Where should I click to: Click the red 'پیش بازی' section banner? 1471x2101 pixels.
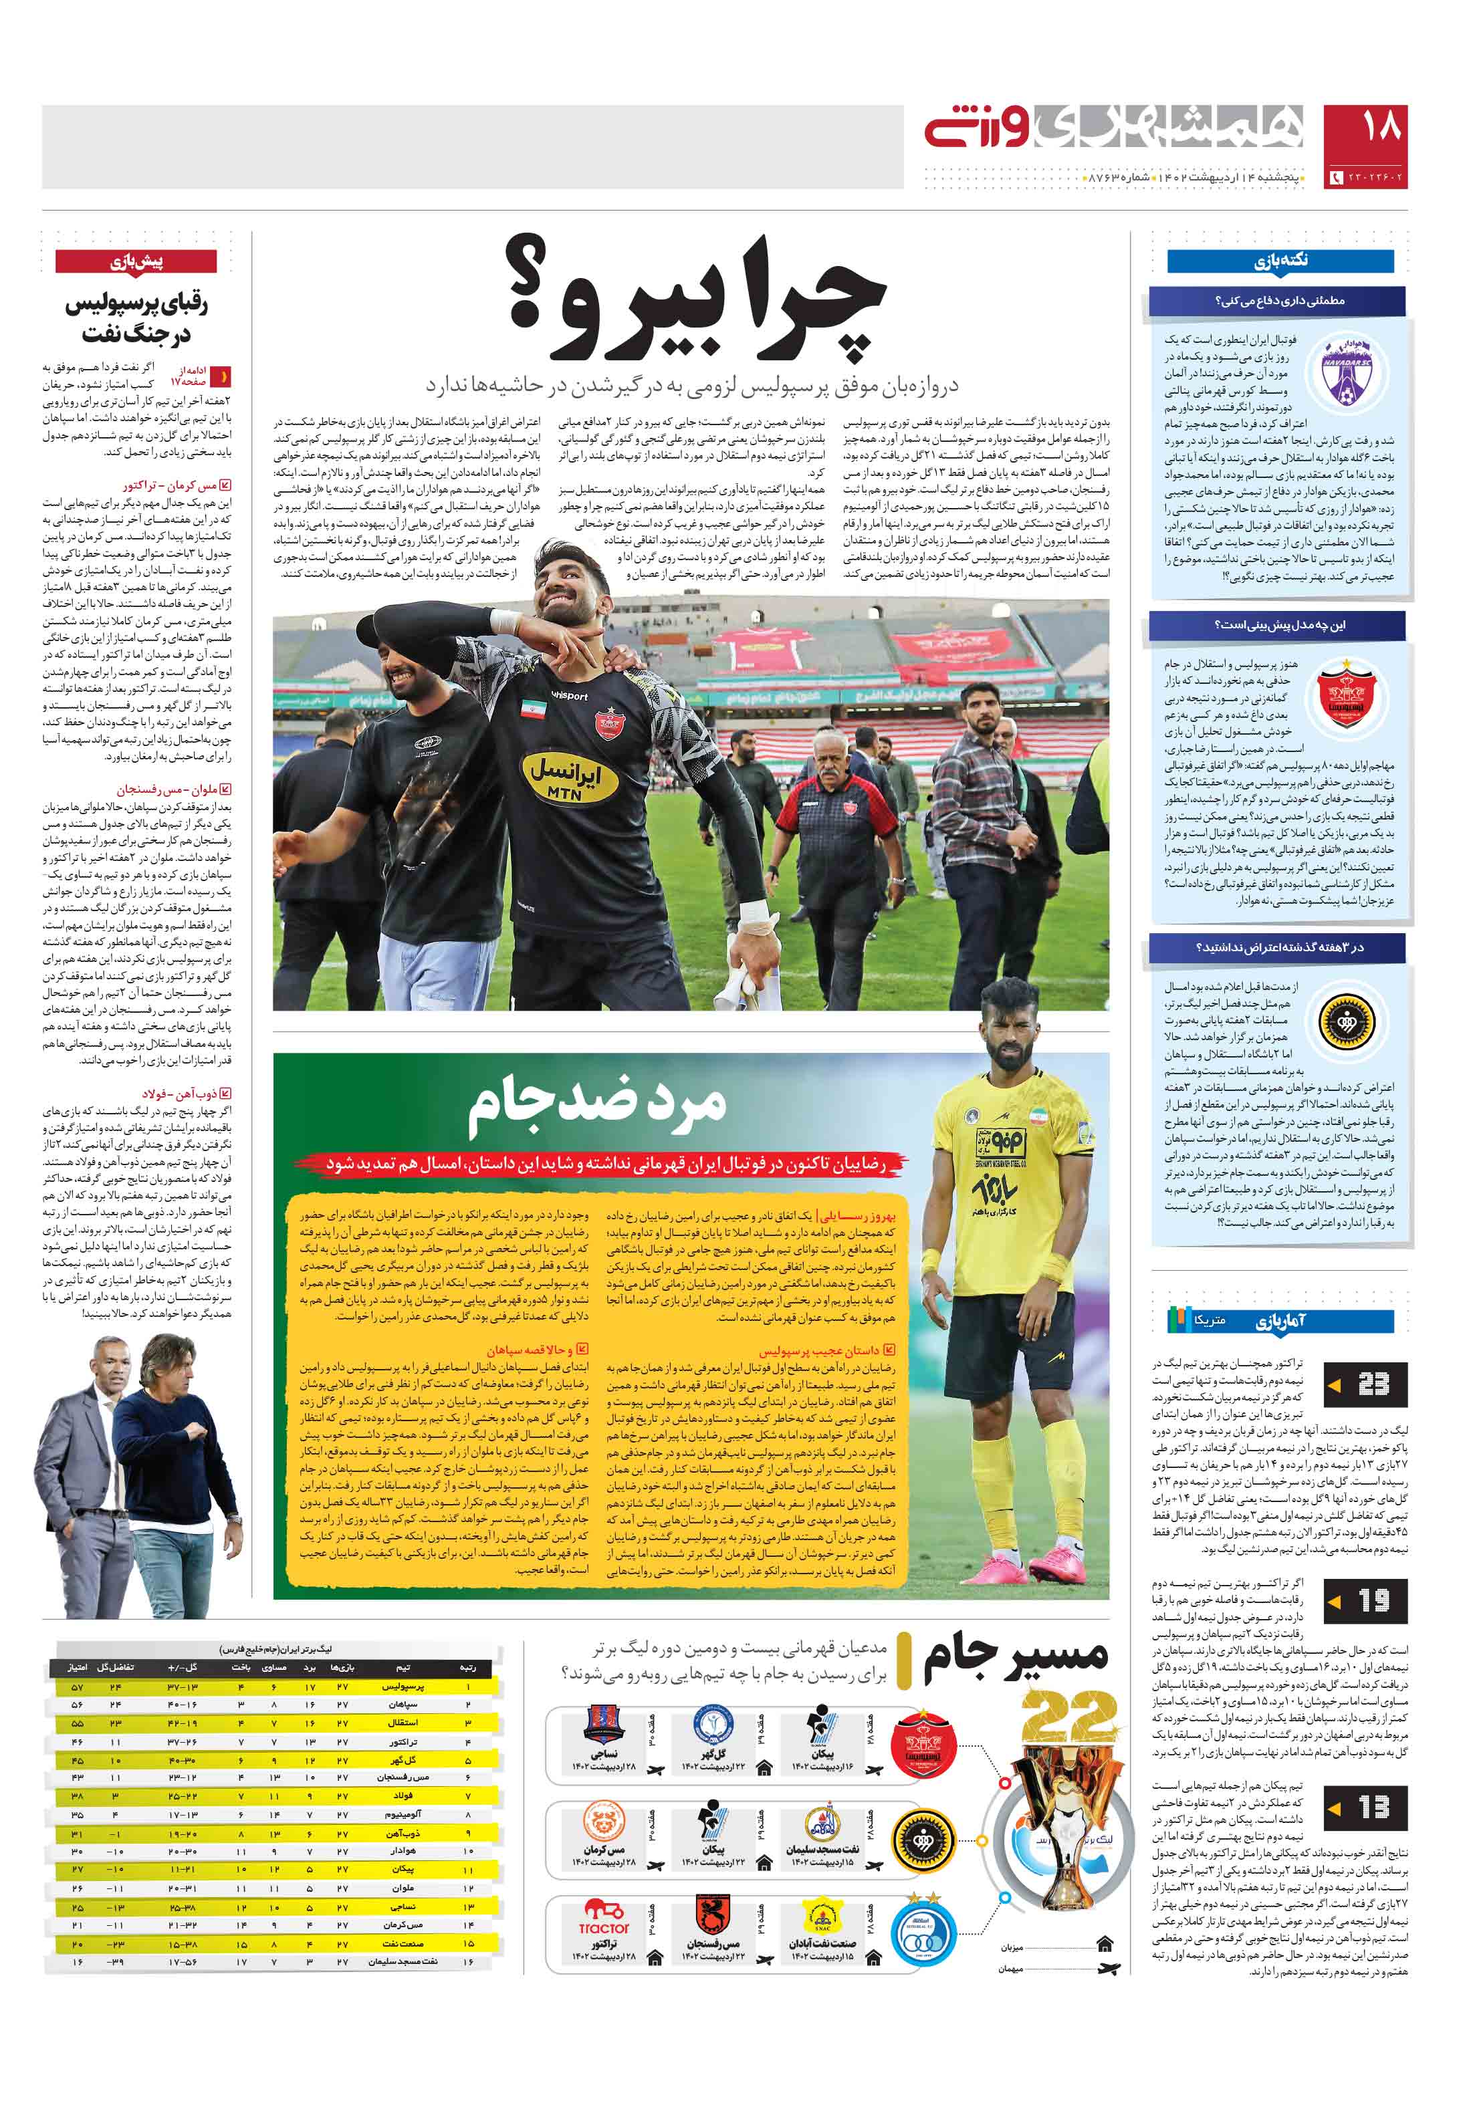(x=136, y=263)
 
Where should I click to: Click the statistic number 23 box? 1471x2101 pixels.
(x=1366, y=1384)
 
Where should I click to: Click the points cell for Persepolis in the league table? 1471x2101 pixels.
(x=77, y=1686)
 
